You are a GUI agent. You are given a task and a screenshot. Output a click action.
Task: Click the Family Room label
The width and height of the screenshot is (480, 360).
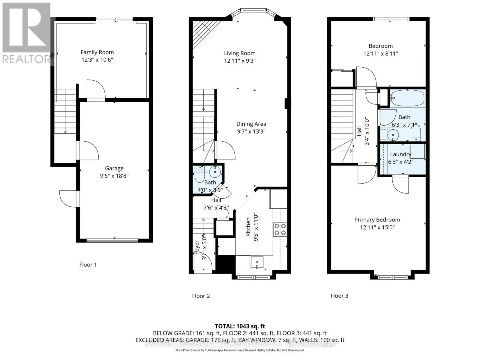coord(97,52)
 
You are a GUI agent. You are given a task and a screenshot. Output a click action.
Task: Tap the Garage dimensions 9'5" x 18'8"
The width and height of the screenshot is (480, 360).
coord(114,176)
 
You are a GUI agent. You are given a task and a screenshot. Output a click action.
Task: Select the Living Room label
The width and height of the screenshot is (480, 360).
coord(240,53)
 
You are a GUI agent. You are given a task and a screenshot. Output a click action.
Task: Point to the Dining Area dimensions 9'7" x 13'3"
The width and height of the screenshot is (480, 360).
coord(251,131)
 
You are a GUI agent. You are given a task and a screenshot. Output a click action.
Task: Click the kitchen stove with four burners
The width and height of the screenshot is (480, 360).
coord(280,229)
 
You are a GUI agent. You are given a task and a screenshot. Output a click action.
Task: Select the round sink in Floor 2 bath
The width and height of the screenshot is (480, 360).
coord(215,172)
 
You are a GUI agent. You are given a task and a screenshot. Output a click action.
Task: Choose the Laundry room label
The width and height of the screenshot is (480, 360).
coord(400,154)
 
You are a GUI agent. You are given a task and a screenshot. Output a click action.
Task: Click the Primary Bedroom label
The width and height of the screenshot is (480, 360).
coord(377,220)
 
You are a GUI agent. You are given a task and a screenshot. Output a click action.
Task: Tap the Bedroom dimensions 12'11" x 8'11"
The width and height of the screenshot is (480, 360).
coord(381,54)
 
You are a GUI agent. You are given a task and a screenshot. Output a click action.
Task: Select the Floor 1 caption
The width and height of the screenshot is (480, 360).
coord(88,265)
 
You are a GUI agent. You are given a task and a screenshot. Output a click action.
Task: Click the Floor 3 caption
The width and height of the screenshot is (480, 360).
coord(339,296)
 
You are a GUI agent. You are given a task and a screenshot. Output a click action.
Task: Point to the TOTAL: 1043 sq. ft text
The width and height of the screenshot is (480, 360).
coord(240,326)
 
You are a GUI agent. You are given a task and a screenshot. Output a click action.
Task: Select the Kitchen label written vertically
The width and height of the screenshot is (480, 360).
coord(248,227)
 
